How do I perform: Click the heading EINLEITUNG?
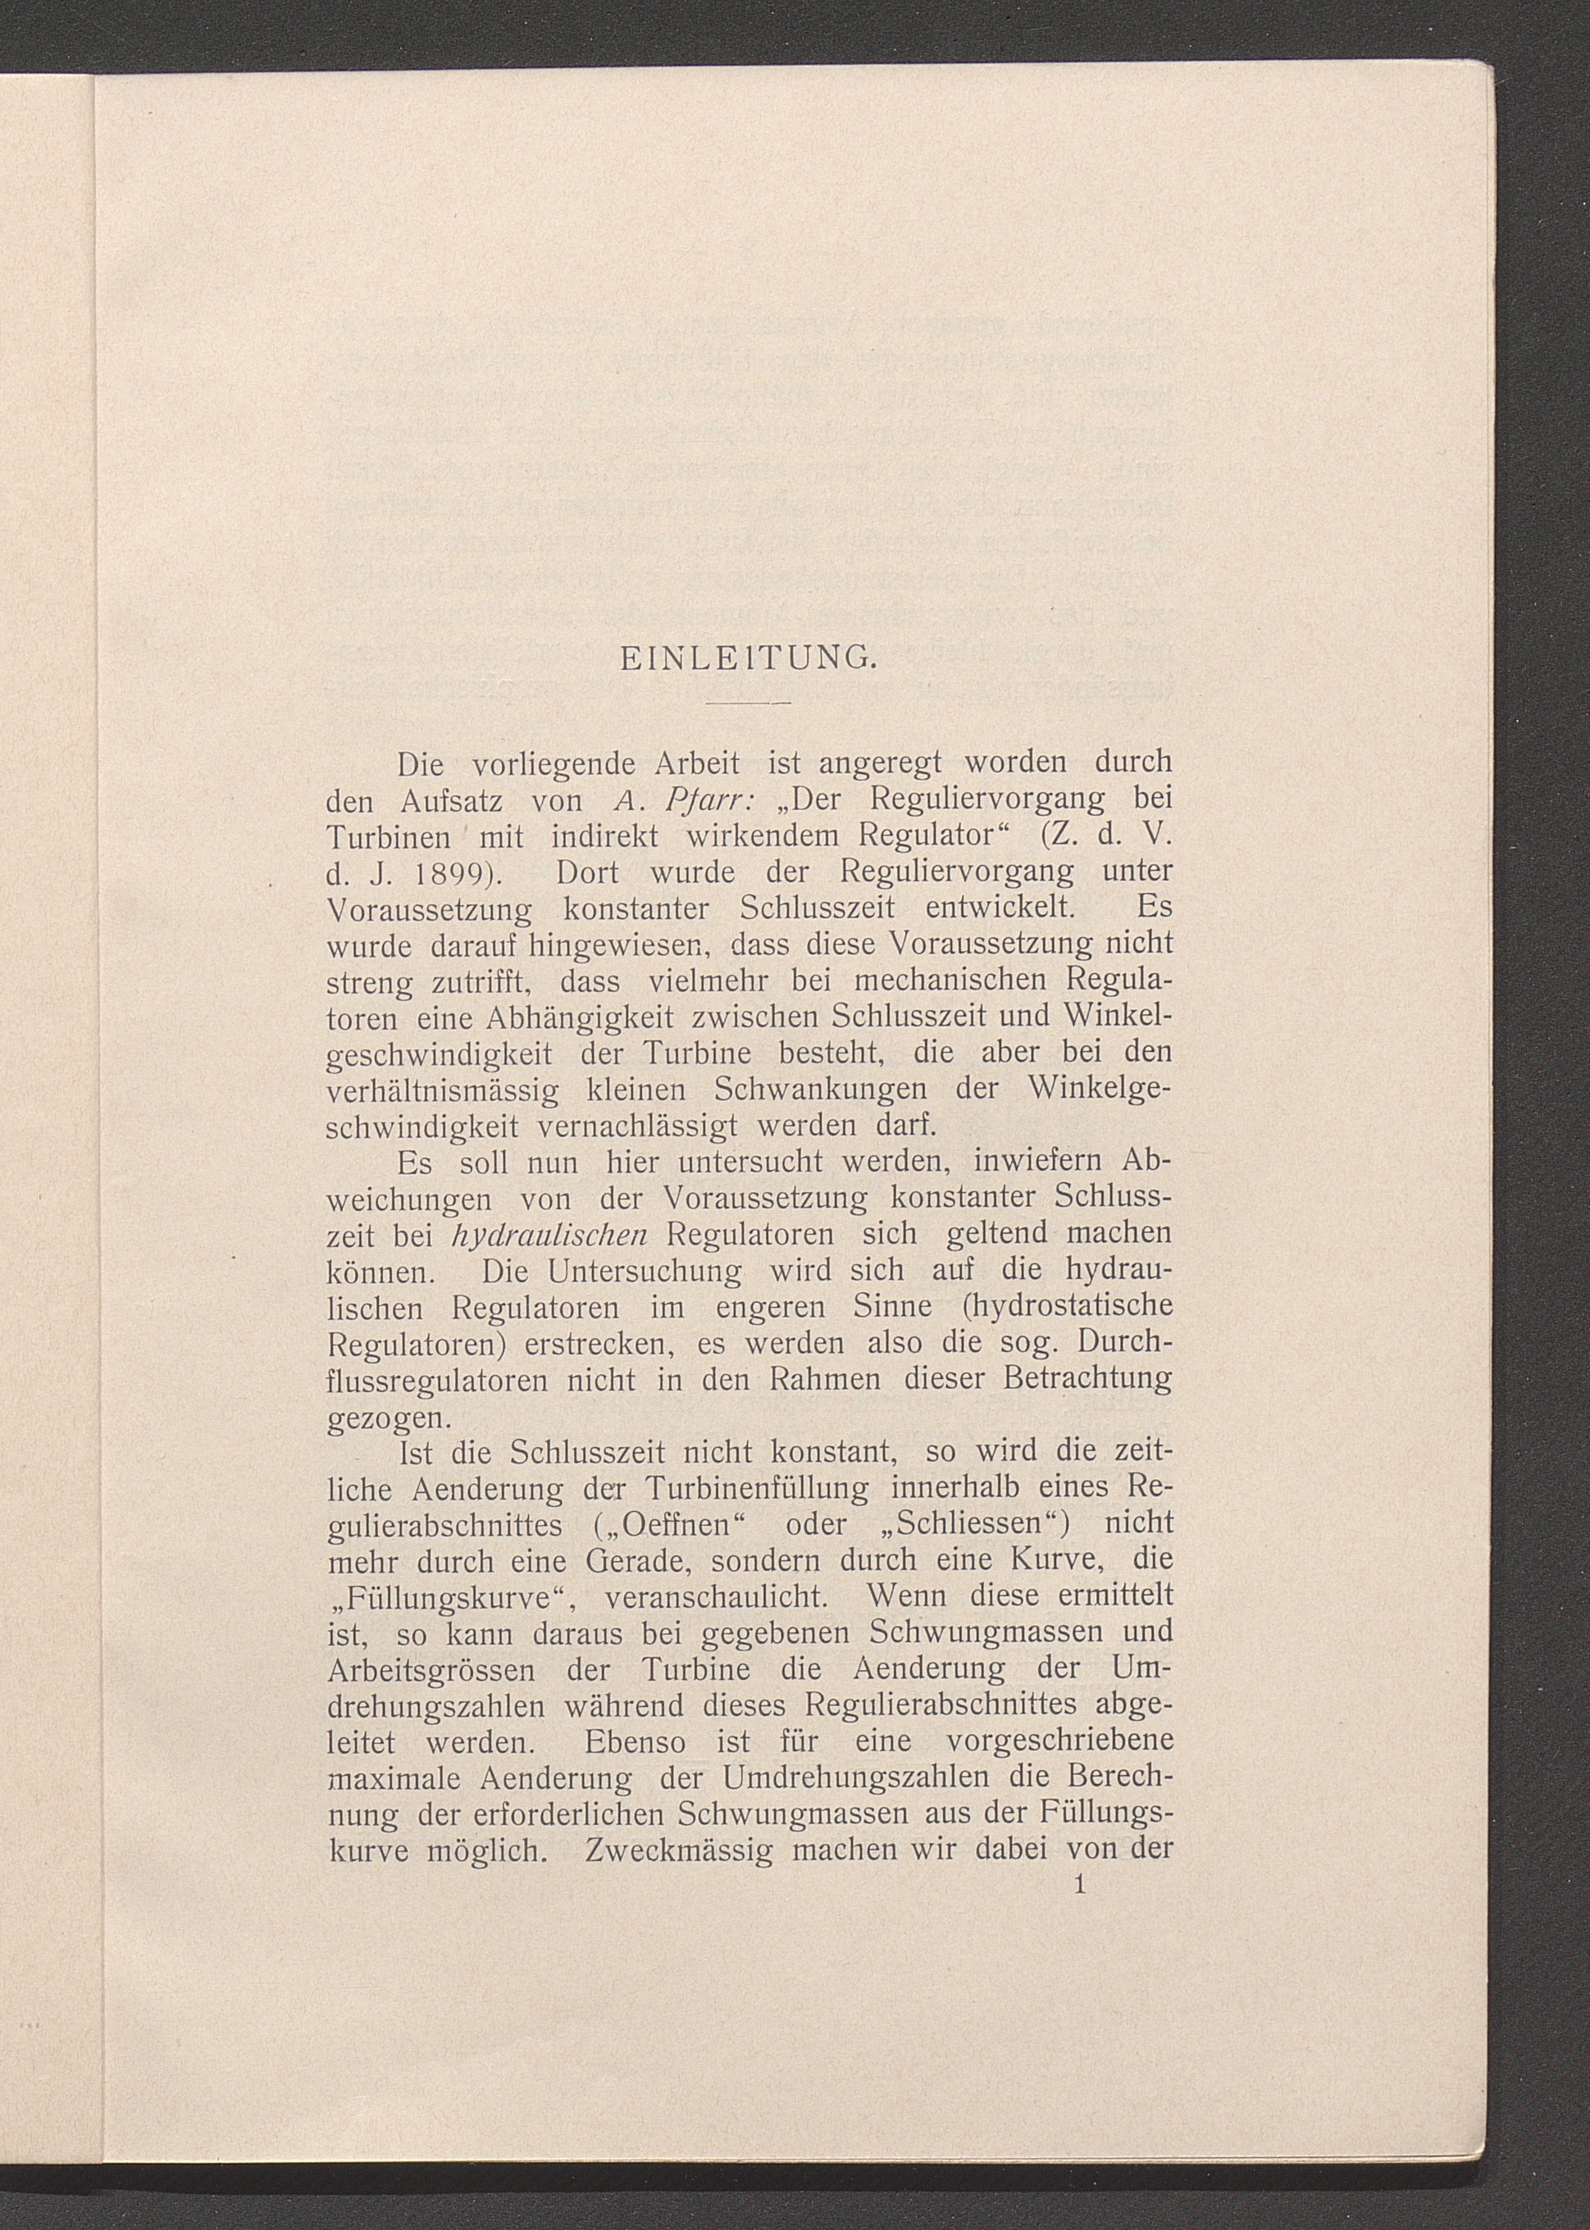[748, 659]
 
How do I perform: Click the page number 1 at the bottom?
[1080, 1885]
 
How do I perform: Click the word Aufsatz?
[451, 800]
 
